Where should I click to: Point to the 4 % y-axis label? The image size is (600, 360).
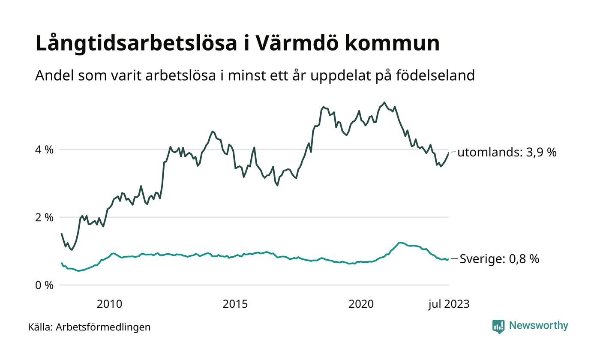pyautogui.click(x=45, y=150)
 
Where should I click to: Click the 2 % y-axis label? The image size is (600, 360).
pyautogui.click(x=45, y=217)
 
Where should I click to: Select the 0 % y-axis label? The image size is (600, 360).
pyautogui.click(x=45, y=285)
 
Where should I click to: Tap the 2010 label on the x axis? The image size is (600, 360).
pyautogui.click(x=109, y=304)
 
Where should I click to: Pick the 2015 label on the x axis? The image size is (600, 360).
pyautogui.click(x=235, y=304)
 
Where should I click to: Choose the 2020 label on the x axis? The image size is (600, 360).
pyautogui.click(x=361, y=304)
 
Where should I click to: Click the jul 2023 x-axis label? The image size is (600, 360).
pyautogui.click(x=449, y=304)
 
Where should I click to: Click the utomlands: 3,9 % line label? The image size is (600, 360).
pyautogui.click(x=507, y=152)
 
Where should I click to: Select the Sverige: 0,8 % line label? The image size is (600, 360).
pyautogui.click(x=499, y=259)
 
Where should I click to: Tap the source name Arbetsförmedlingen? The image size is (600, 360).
pyautogui.click(x=103, y=327)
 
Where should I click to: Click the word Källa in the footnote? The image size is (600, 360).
pyautogui.click(x=40, y=327)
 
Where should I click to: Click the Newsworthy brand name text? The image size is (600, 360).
pyautogui.click(x=539, y=326)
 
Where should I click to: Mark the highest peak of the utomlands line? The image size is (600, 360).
pyautogui.click(x=384, y=102)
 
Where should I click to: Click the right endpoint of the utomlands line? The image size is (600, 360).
pyautogui.click(x=449, y=153)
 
